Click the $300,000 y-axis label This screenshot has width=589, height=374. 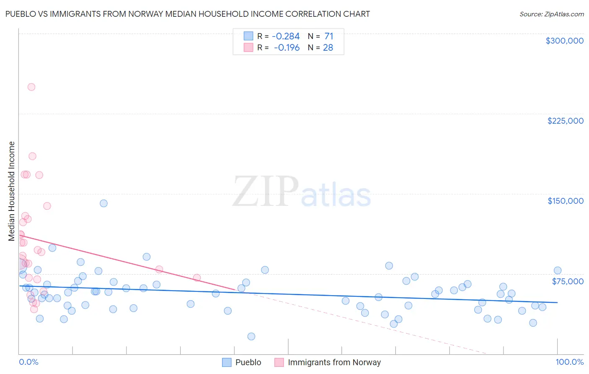click(564, 41)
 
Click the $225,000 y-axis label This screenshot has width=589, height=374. click(565, 121)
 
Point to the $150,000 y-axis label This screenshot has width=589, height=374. click(565, 201)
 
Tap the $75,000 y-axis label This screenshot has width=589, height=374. click(568, 281)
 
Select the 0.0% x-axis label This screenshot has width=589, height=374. click(28, 362)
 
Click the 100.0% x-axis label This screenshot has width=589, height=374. click(569, 362)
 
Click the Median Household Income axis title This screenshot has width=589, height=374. click(12, 191)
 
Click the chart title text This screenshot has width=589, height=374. click(187, 14)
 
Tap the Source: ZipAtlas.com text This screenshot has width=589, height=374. click(551, 14)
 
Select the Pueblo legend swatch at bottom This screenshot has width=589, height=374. click(227, 362)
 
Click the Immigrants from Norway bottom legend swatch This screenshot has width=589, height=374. click(279, 362)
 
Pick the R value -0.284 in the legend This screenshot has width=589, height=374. click(286, 36)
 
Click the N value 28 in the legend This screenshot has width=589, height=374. click(328, 48)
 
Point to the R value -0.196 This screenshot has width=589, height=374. click(287, 48)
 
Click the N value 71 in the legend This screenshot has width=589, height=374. click(328, 36)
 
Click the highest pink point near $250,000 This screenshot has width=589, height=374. click(31, 87)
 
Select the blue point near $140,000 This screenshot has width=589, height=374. click(103, 203)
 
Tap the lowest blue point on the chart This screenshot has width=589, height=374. click(251, 336)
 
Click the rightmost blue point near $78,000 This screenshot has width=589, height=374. click(558, 270)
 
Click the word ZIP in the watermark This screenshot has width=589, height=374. click(265, 192)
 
